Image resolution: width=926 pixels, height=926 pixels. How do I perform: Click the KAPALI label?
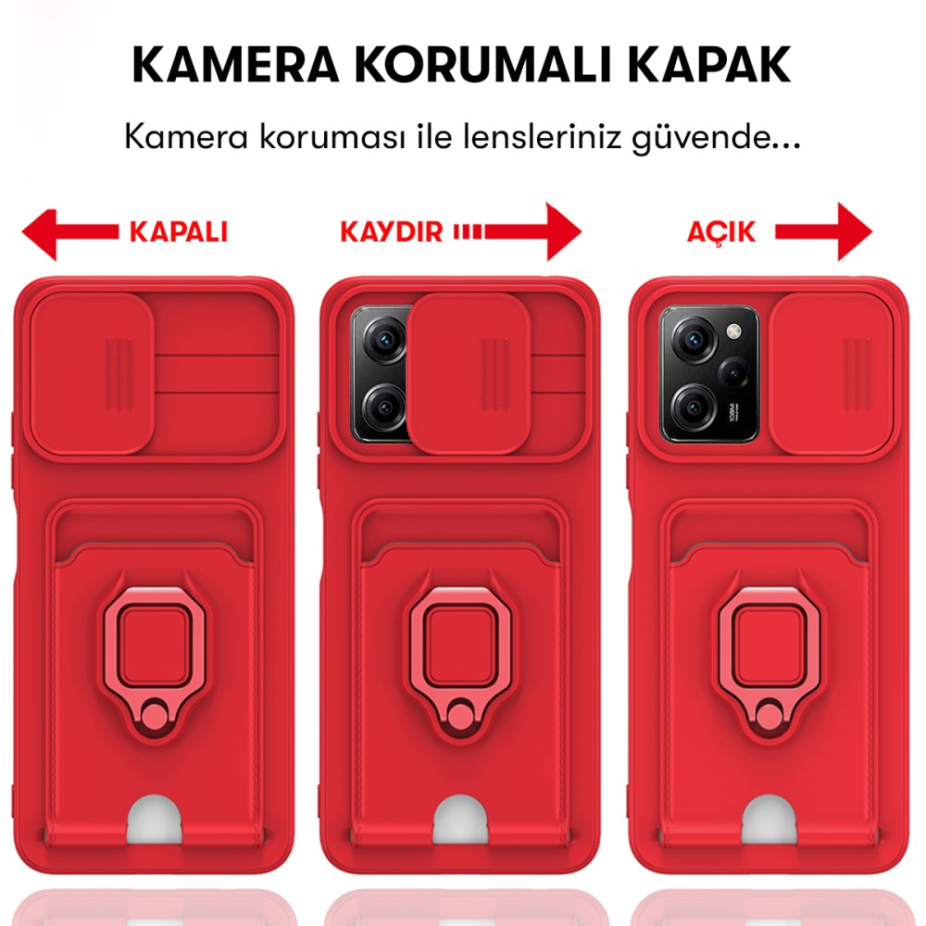pyautogui.click(x=178, y=231)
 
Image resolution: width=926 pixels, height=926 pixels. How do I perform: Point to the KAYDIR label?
pyautogui.click(x=392, y=231)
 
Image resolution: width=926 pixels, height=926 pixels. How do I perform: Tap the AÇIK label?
pyautogui.click(x=720, y=231)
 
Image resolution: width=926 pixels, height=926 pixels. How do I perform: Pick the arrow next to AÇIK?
pyautogui.click(x=824, y=231)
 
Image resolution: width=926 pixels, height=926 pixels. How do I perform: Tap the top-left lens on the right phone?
pyautogui.click(x=690, y=341)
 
